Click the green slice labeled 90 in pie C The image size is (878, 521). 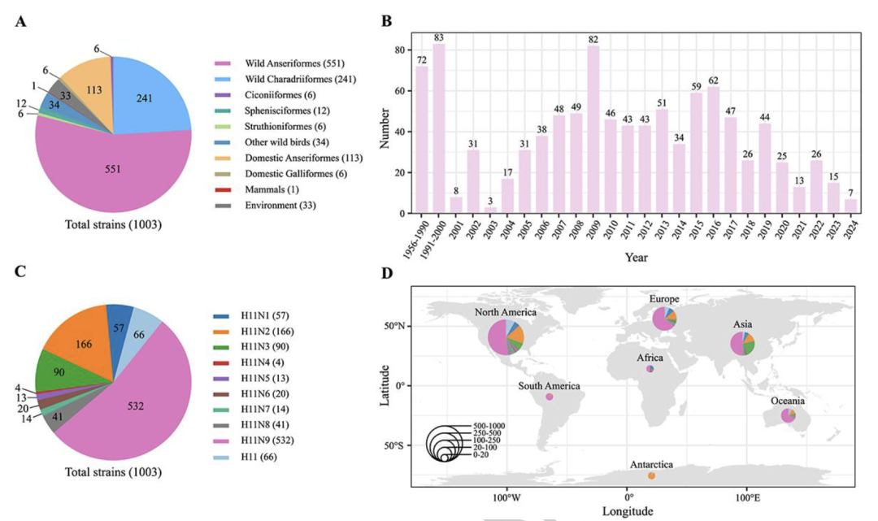point(62,372)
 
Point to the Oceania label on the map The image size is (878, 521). point(788,401)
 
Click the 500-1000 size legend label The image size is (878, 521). point(489,425)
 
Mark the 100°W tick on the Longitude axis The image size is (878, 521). point(506,495)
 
